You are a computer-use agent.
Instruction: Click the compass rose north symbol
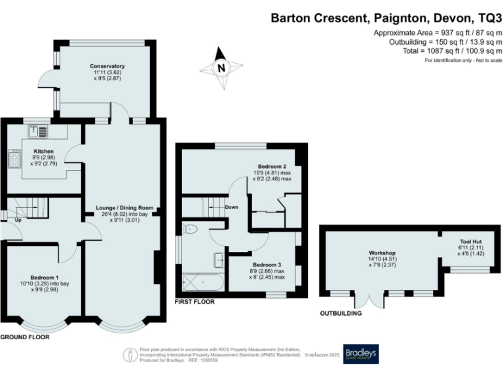[221, 66]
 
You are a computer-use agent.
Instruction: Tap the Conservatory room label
[107, 66]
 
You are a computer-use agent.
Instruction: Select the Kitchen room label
[43, 152]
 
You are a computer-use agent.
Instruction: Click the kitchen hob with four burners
[14, 159]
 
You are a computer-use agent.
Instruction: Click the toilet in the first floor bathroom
[191, 229]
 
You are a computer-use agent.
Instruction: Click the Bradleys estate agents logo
[362, 354]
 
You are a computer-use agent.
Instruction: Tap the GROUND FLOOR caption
[25, 337]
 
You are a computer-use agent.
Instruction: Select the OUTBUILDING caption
[341, 314]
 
